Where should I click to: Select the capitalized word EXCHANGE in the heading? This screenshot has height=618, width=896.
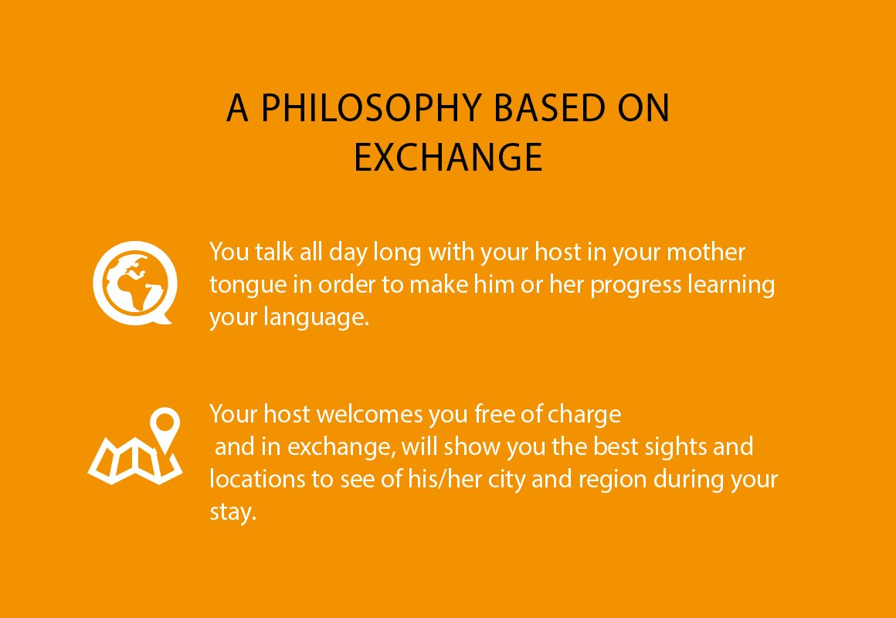pyautogui.click(x=448, y=157)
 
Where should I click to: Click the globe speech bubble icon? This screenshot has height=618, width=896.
pyautogui.click(x=134, y=284)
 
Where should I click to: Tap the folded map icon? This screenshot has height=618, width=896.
pyautogui.click(x=135, y=460)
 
